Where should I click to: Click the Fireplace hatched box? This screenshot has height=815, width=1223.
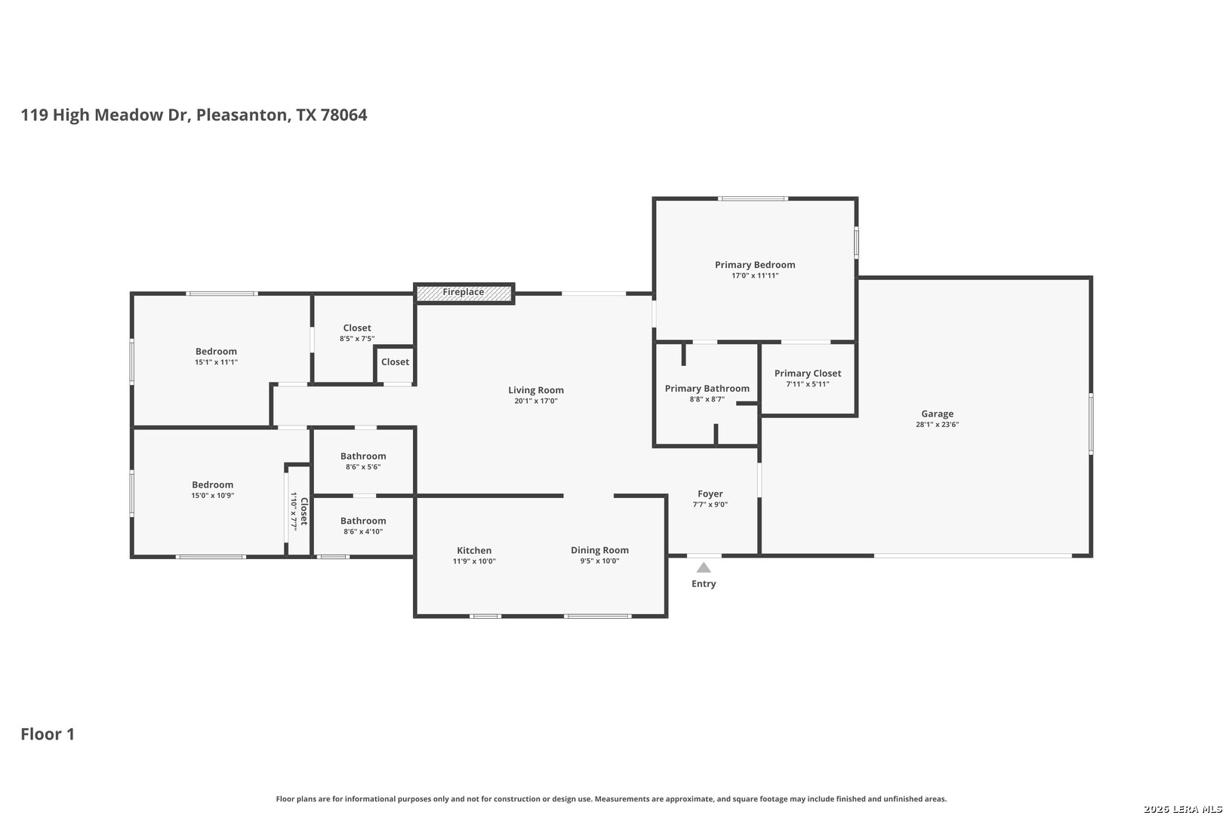pos(464,294)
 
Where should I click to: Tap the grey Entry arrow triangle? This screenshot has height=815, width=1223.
pos(704,567)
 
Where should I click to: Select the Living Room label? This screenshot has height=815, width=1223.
pos(535,389)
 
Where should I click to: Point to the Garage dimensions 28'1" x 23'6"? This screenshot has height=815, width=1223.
pos(937,425)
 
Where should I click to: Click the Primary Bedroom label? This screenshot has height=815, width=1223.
pos(755,265)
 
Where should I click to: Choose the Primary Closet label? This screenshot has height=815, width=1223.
pos(808,374)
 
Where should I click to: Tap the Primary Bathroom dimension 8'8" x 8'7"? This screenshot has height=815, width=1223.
pos(707,399)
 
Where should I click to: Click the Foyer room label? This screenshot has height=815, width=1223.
pos(710,494)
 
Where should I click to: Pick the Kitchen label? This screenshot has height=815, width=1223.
pos(474,550)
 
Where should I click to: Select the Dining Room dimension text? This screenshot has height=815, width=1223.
pos(599,561)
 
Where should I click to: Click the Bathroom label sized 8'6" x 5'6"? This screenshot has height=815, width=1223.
pos(363,456)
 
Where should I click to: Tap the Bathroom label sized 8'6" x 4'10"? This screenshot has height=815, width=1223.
pos(363,521)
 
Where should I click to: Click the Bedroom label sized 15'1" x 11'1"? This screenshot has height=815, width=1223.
pos(216,351)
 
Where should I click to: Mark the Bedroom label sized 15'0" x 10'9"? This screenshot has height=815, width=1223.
pos(212,484)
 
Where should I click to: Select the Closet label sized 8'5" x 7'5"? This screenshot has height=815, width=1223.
pos(357,328)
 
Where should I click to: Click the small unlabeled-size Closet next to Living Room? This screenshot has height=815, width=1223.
pos(395,362)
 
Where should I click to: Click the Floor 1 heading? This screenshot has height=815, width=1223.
pos(48,734)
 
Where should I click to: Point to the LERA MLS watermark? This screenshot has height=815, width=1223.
pos(1182,809)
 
